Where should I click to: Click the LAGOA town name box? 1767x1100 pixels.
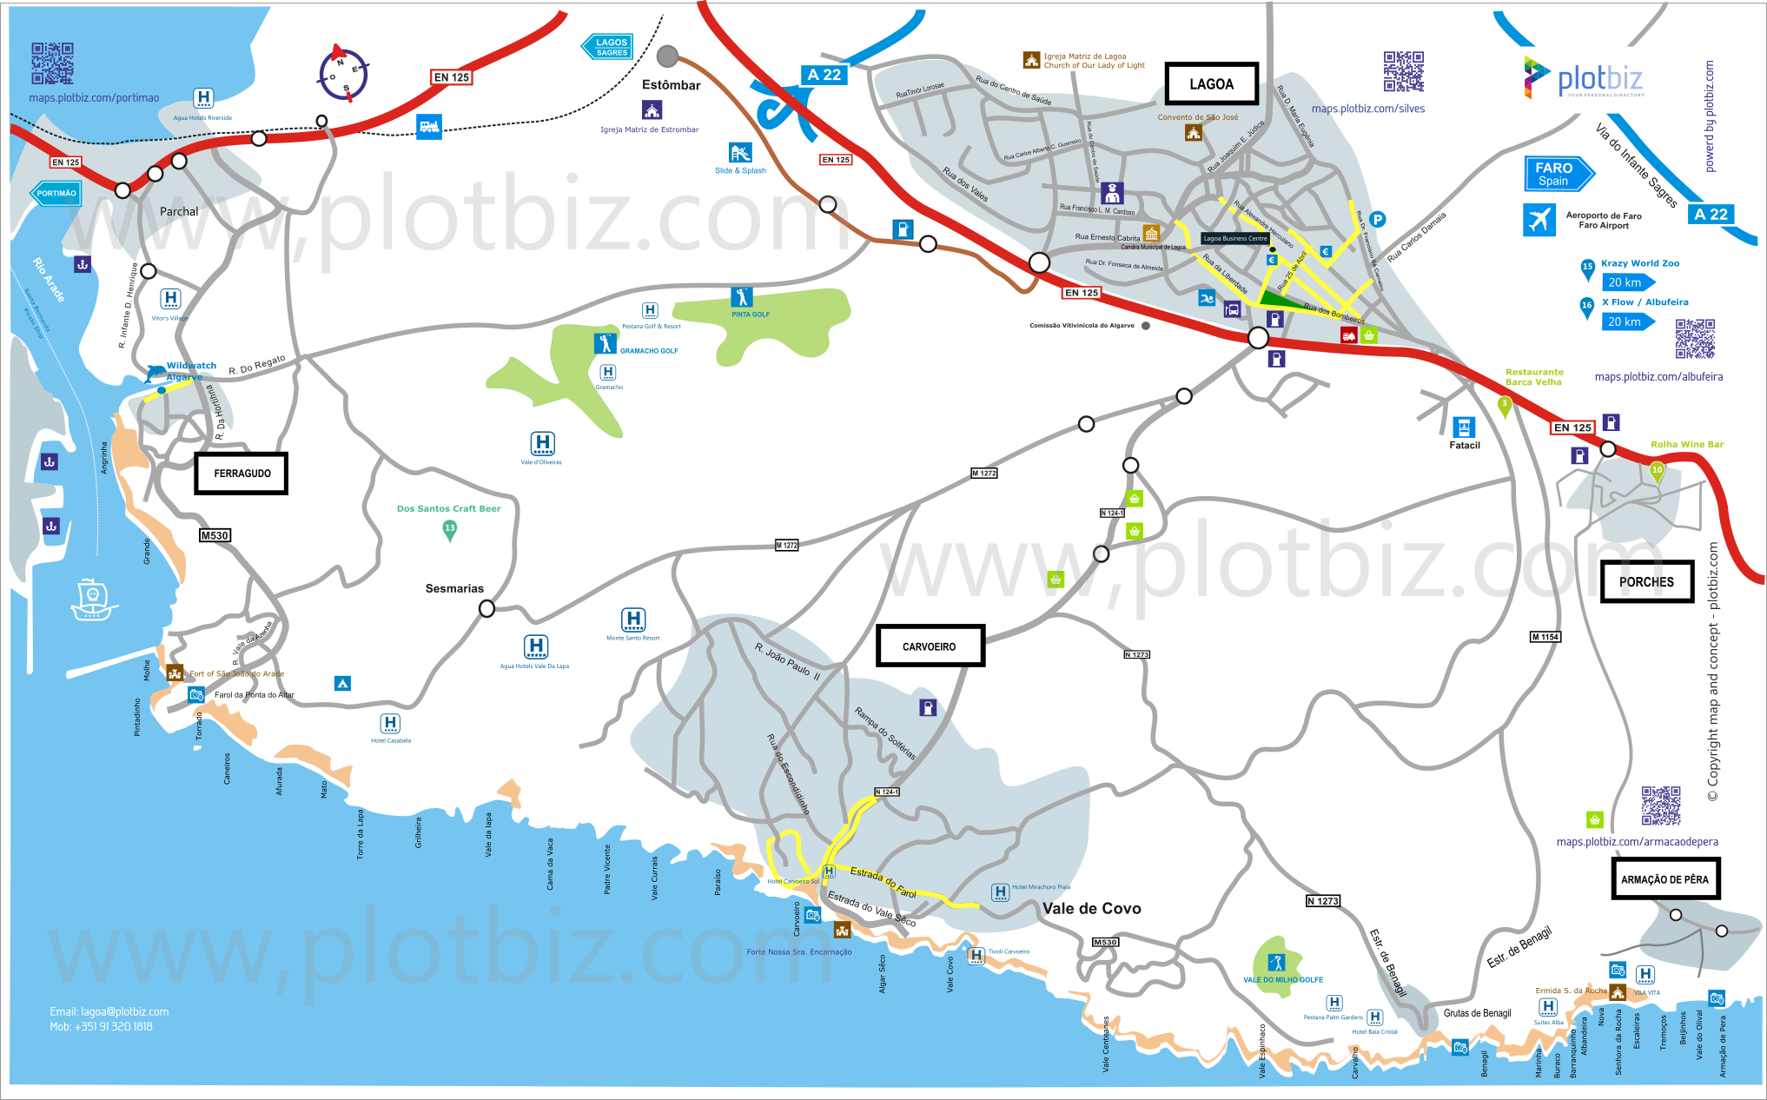1211,84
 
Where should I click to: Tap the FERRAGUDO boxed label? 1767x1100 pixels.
242,474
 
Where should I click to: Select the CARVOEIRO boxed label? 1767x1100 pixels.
930,646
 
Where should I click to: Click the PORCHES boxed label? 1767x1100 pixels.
1646,582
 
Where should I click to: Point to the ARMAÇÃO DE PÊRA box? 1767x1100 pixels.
1664,879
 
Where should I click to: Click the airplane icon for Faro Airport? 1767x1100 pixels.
1539,220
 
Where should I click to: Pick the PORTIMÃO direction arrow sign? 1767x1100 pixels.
56,193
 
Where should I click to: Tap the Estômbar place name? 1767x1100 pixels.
671,85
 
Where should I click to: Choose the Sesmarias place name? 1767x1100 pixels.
454,588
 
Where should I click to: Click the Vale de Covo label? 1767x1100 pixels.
1091,909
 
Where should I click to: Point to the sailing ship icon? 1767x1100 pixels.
92,600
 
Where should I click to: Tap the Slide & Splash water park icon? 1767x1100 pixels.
740,154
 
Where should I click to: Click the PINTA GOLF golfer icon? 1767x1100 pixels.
741,297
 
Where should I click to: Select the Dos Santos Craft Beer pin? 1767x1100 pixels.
449,529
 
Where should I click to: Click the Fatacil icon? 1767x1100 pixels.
1464,427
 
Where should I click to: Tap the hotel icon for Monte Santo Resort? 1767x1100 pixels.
633,620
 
